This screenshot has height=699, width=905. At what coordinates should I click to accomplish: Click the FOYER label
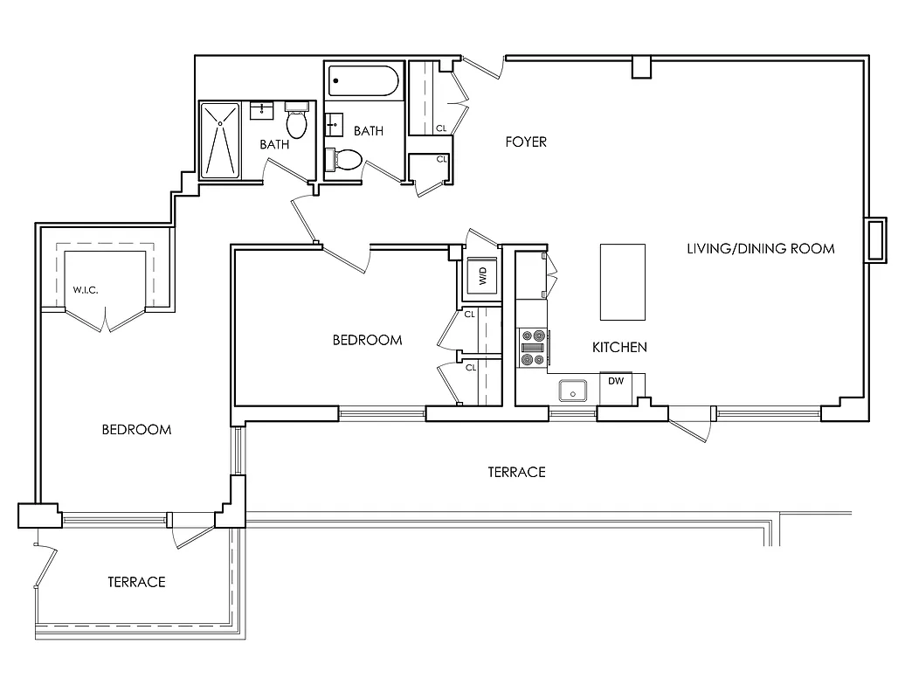tap(526, 142)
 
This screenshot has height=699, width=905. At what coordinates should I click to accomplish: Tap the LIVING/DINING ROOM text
tap(760, 248)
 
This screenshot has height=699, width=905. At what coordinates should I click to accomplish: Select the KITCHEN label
tap(619, 347)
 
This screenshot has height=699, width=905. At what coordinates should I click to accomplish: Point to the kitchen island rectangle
tap(622, 282)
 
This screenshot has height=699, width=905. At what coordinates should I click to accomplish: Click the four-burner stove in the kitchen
tap(532, 347)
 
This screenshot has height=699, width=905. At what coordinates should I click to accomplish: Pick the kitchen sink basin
tap(573, 391)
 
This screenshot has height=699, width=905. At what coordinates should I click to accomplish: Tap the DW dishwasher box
tap(617, 381)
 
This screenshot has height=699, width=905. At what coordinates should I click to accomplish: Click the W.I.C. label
tap(85, 288)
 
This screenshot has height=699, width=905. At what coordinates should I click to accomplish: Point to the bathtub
tap(363, 84)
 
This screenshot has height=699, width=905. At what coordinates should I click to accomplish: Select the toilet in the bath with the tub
tap(345, 160)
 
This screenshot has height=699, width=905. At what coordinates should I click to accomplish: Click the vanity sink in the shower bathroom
tap(261, 110)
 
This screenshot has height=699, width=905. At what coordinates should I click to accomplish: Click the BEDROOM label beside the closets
tap(367, 340)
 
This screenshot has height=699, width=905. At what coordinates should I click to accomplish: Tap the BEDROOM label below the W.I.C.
tap(136, 430)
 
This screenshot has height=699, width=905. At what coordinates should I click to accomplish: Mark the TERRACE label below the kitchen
tap(516, 472)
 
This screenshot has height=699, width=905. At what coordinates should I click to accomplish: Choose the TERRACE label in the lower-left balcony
tap(136, 582)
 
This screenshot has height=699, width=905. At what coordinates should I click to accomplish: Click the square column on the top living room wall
tap(642, 66)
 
